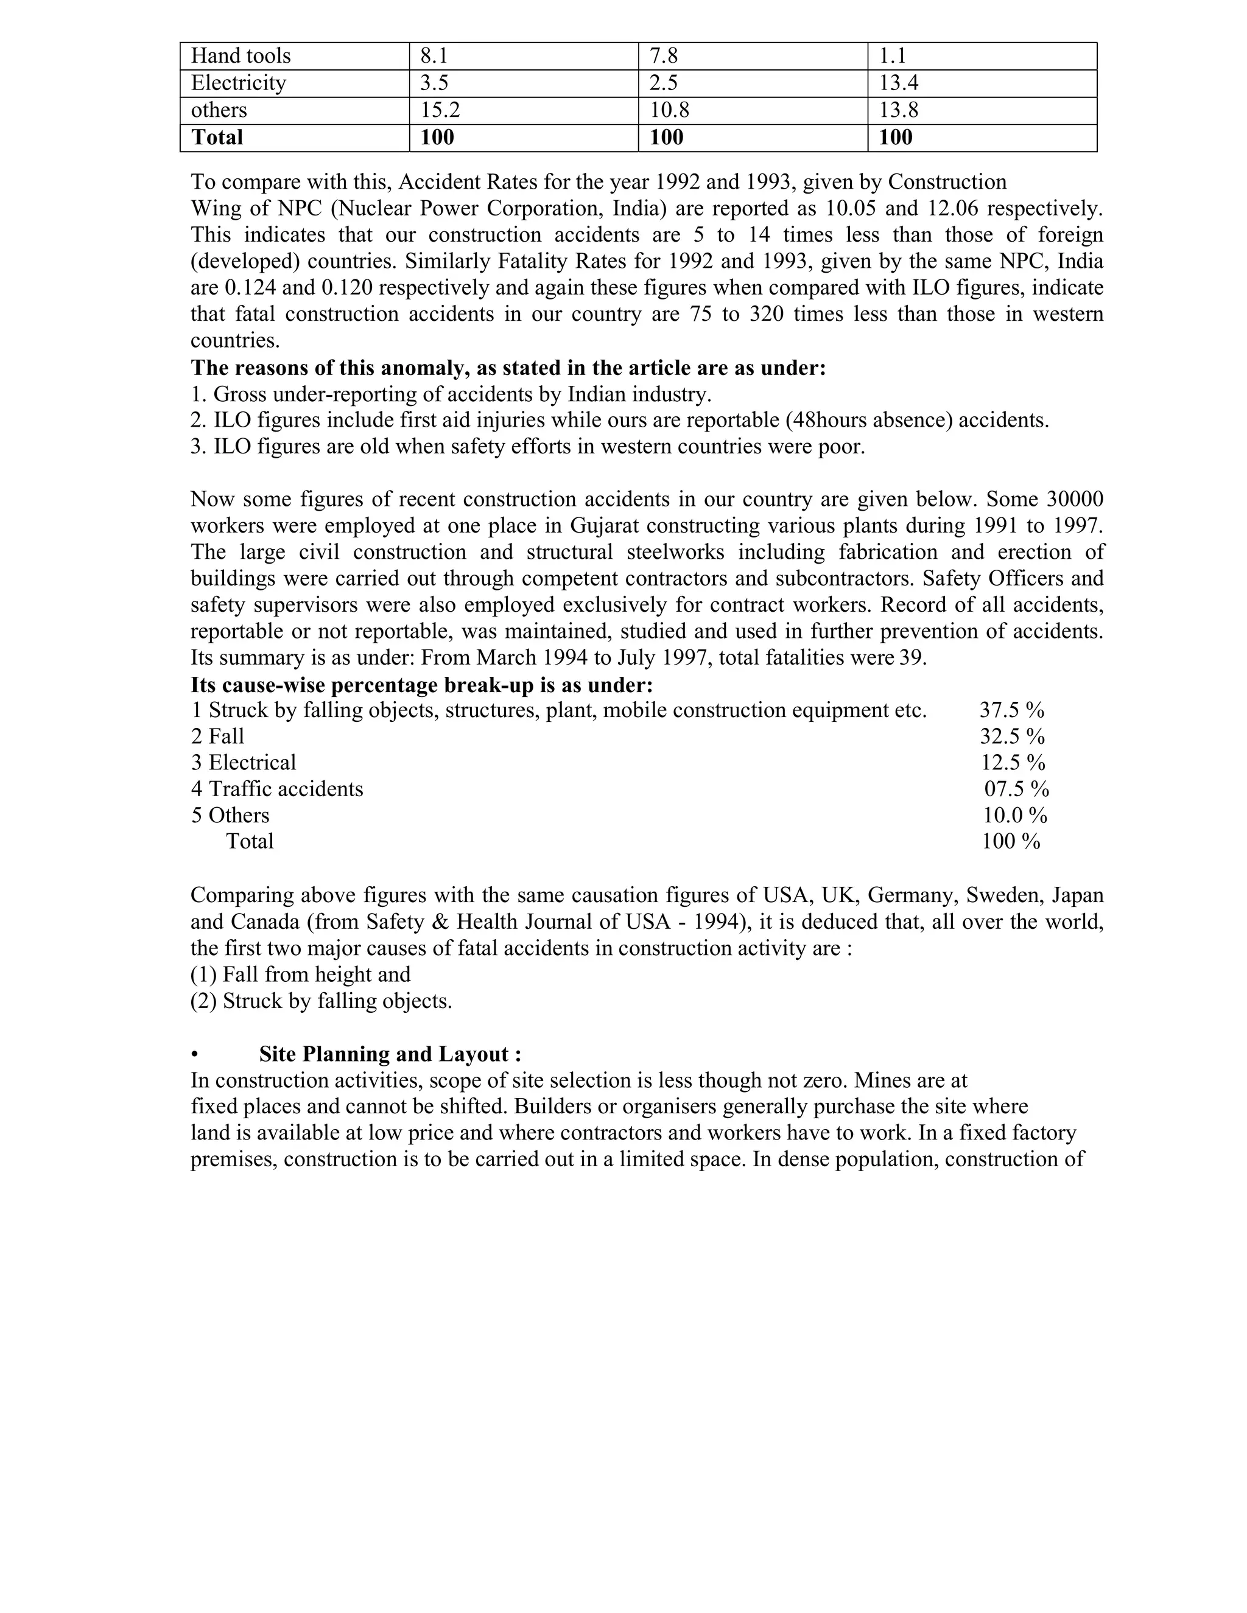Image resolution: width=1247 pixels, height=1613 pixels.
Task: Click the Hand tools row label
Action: (x=241, y=56)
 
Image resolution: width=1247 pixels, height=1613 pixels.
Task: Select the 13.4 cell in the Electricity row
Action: (x=898, y=83)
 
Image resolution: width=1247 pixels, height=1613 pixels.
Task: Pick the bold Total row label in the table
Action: (x=217, y=138)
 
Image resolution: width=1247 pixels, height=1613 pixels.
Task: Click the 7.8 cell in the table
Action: (x=664, y=56)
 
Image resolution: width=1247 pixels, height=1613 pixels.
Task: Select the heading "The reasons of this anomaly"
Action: (x=508, y=368)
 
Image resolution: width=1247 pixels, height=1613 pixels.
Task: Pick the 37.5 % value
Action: (x=1011, y=710)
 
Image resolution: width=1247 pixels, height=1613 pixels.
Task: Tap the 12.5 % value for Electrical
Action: (x=1012, y=763)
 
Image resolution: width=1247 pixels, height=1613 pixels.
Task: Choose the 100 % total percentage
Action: (x=1010, y=842)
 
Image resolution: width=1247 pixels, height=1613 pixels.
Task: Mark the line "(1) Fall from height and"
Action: (x=301, y=975)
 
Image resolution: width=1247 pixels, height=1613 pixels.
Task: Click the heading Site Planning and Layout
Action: (x=390, y=1055)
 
